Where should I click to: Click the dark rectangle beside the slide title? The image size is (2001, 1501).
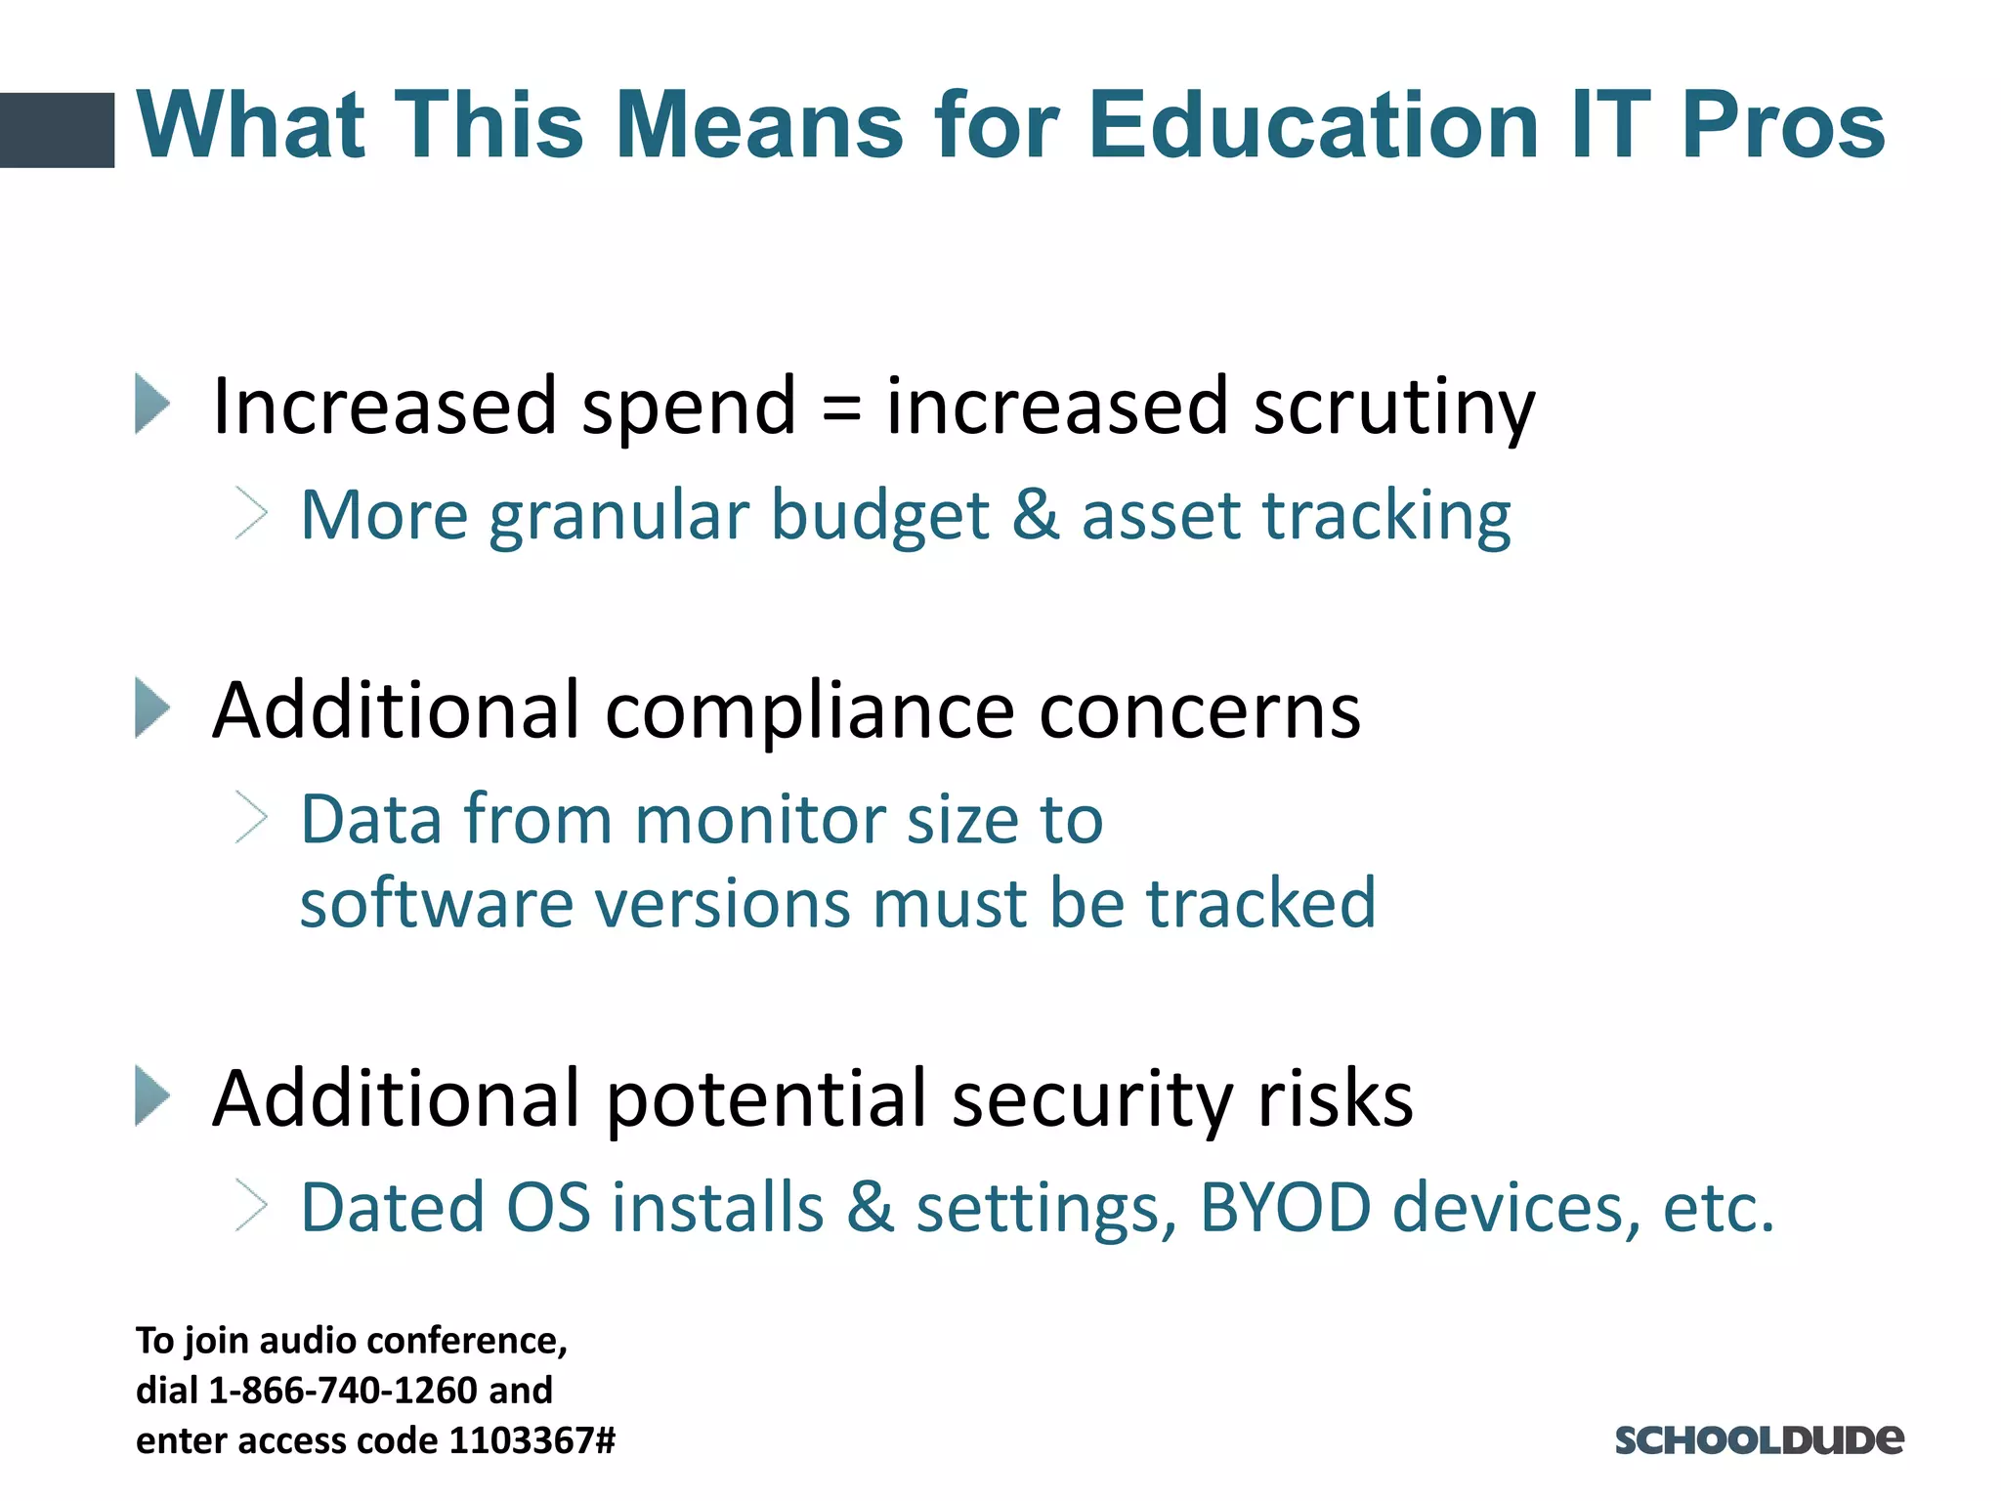[57, 130]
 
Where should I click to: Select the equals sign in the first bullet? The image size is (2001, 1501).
[841, 407]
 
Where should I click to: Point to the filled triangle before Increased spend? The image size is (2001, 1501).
[152, 404]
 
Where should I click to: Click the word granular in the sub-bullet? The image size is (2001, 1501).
[617, 516]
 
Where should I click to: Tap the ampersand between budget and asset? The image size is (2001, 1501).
[1036, 515]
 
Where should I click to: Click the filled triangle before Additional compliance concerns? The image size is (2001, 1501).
[152, 708]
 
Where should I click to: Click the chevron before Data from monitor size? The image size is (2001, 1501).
[251, 818]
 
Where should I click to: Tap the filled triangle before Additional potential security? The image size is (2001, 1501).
[152, 1096]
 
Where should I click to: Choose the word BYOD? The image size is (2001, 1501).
[1285, 1208]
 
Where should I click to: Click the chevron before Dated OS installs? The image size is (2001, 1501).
[251, 1206]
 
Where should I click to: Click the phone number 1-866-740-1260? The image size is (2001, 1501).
[343, 1391]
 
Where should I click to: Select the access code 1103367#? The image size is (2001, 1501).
[532, 1440]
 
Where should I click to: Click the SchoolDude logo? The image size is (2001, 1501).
[1759, 1440]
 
